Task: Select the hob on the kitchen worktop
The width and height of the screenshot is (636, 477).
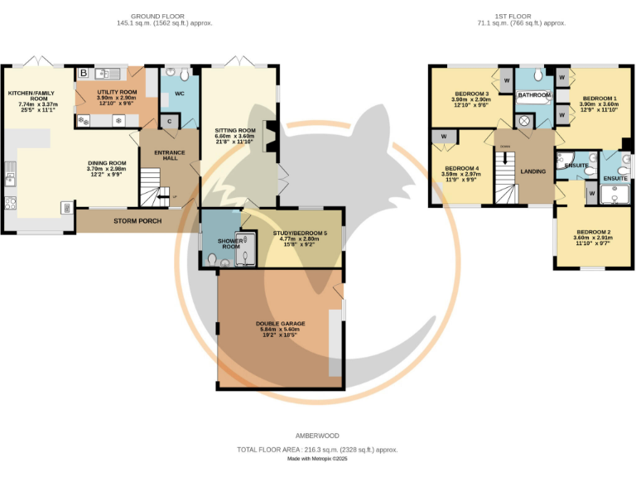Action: click(x=10, y=203)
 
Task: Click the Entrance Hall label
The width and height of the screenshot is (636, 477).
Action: click(x=169, y=154)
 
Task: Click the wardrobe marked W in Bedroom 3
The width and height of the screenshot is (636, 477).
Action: click(x=505, y=80)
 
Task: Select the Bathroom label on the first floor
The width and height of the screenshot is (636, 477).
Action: click(x=534, y=95)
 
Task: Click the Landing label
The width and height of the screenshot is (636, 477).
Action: click(x=532, y=171)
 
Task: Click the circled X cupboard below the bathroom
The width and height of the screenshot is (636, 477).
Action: click(x=523, y=121)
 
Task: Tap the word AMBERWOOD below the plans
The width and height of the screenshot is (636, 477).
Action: click(x=317, y=436)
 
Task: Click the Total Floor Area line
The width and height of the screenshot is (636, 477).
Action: click(x=317, y=449)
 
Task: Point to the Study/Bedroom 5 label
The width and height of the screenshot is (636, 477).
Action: click(x=300, y=234)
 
